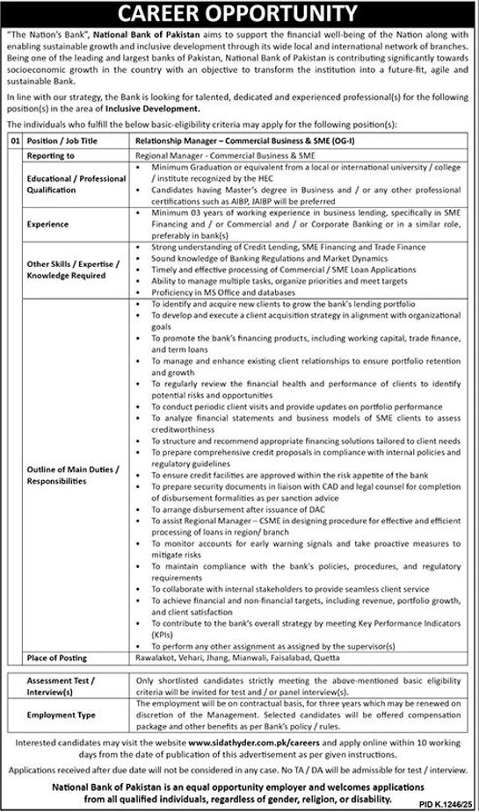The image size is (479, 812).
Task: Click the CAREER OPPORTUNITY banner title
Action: (x=239, y=13)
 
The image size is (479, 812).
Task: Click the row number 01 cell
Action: (x=14, y=139)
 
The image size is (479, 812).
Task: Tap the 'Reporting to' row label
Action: (x=51, y=154)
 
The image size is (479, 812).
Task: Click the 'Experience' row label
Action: (x=47, y=224)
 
